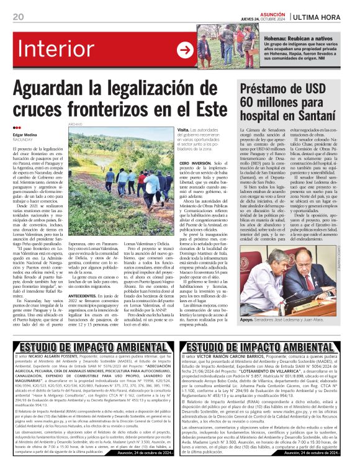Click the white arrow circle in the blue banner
pos(185,50)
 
